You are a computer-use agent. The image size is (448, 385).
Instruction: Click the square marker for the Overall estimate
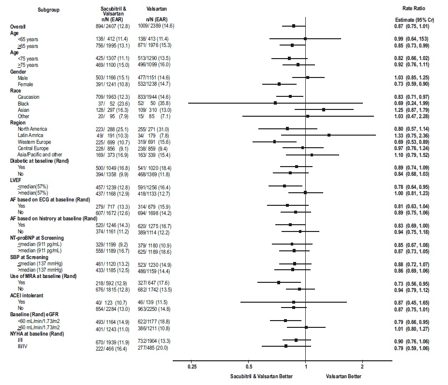[294, 26]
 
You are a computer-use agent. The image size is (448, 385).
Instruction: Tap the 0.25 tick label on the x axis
[192, 367]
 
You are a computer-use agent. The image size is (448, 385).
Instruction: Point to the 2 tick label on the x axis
[362, 367]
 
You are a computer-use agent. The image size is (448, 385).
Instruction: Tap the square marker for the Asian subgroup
[324, 109]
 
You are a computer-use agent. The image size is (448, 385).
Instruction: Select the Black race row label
[23, 103]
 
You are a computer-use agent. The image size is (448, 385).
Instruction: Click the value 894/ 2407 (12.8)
[115, 26]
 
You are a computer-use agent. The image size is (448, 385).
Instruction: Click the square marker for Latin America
[329, 135]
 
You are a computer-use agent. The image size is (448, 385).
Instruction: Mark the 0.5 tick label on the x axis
[248, 367]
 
